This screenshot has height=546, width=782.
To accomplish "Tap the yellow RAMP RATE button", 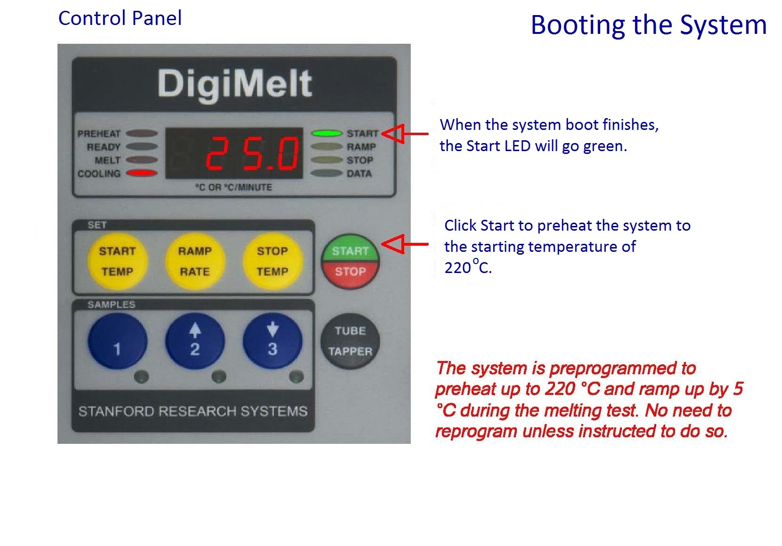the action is (x=195, y=261).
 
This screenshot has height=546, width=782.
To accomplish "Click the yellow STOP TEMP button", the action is (x=273, y=261).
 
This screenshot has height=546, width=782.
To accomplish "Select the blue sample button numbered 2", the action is (x=195, y=341).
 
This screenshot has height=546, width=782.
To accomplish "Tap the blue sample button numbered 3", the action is (x=273, y=341).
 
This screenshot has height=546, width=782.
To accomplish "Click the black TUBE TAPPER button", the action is (x=350, y=341).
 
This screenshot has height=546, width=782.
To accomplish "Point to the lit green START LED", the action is (x=327, y=133).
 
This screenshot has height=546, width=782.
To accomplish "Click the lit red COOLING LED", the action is (x=142, y=173).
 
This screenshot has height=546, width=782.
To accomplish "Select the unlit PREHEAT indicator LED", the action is (x=142, y=133).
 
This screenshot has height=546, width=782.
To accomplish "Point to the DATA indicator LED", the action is (x=327, y=173).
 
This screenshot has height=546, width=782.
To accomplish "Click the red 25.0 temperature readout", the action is (x=253, y=153).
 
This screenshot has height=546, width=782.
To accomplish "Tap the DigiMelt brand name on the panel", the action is (x=235, y=84).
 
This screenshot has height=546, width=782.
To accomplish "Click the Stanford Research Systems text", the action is (x=193, y=411).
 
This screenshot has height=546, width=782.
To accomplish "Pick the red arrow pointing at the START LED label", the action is (x=405, y=134).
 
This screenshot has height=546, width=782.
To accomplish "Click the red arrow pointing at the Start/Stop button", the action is (x=405, y=244).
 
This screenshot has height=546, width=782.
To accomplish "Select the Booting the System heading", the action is (x=649, y=25).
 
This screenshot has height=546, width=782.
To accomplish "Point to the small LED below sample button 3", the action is (x=296, y=377).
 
